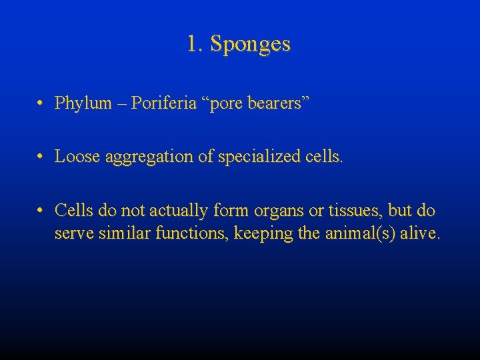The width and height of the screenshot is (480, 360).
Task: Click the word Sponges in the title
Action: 250,45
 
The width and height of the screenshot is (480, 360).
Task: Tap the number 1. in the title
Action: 195,44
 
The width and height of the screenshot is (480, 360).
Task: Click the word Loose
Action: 75,157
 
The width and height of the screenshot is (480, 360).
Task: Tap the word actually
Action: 179,211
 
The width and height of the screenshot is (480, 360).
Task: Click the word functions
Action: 183,234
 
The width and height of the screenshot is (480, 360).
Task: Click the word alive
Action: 417,234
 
